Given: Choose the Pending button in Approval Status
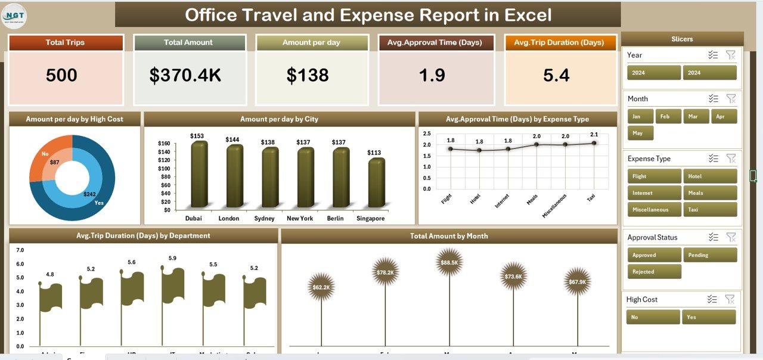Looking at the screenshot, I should [710, 255].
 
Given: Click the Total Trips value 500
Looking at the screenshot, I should [61, 75].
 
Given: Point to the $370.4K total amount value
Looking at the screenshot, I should [185, 75].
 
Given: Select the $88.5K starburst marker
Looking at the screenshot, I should [449, 262].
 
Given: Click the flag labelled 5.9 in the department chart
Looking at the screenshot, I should [172, 286].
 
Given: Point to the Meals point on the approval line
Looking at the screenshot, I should [536, 144].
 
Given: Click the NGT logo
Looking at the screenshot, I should [14, 15].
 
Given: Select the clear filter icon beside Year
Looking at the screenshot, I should [730, 55].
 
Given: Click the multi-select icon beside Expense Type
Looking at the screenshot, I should [713, 159].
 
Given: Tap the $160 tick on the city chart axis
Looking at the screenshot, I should [164, 144].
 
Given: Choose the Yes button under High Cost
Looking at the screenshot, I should [710, 317].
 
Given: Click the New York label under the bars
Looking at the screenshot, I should [299, 218].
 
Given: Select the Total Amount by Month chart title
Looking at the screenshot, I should [449, 236].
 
